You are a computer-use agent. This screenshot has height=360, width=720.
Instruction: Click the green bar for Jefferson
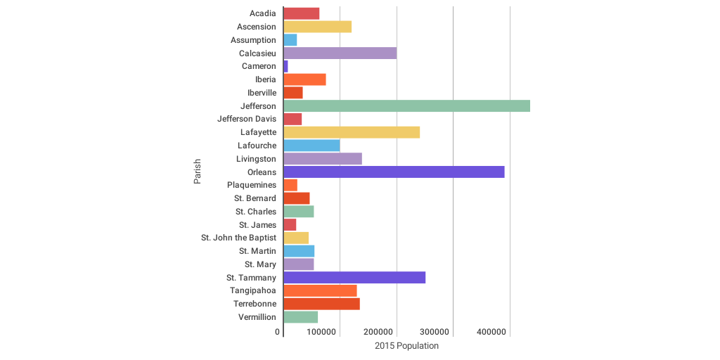tap(406, 106)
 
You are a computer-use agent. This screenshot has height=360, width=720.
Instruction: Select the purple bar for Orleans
tap(394, 172)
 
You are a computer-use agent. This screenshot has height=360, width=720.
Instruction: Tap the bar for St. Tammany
tap(354, 278)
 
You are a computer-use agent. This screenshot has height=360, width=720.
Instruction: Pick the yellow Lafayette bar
tap(352, 132)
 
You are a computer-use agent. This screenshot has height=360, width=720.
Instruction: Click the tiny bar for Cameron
tap(285, 66)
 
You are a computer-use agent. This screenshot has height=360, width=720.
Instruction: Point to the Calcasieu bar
tap(340, 53)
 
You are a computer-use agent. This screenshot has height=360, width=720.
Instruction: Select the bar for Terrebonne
tap(321, 304)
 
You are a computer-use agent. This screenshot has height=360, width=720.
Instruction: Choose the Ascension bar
tap(317, 27)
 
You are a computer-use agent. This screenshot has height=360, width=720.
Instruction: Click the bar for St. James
tap(290, 225)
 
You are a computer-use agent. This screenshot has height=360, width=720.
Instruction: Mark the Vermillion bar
tap(300, 317)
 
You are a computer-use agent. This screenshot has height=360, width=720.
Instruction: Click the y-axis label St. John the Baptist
tap(238, 238)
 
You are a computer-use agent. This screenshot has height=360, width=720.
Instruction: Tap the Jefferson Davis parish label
tap(247, 119)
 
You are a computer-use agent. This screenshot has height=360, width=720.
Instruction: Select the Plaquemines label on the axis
tap(252, 185)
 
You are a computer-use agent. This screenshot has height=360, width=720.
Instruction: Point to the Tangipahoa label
tap(253, 290)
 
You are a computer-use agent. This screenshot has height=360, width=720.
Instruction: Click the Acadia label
tap(263, 13)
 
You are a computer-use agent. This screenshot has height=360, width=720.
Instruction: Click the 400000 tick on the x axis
tap(491, 332)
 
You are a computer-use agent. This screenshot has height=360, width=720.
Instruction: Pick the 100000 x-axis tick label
tap(322, 332)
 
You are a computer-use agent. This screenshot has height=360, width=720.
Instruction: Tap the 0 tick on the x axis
tap(278, 332)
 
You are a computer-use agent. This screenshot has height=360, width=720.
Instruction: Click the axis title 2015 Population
tap(406, 346)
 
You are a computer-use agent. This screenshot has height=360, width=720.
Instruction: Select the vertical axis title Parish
tap(198, 172)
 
